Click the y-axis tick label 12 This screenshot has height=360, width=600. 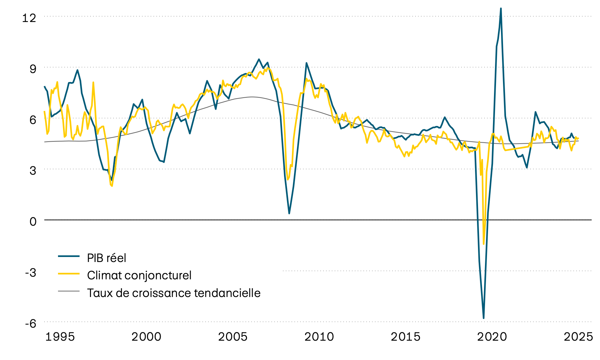pyautogui.click(x=29, y=18)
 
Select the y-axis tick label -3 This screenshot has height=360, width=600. pyautogui.click(x=31, y=272)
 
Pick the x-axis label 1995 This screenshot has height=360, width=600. pyautogui.click(x=60, y=337)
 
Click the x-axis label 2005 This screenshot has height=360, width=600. pyautogui.click(x=233, y=337)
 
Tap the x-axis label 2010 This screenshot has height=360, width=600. pyautogui.click(x=319, y=337)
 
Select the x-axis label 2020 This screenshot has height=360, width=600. pyautogui.click(x=492, y=337)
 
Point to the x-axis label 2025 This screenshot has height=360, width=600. pyautogui.click(x=578, y=337)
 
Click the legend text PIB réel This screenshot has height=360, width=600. pyautogui.click(x=106, y=258)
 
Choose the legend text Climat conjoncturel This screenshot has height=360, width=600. pyautogui.click(x=139, y=275)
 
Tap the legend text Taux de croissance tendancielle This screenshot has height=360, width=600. pyautogui.click(x=174, y=293)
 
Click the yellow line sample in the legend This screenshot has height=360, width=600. pyautogui.click(x=69, y=274)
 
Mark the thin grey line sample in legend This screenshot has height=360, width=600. pyautogui.click(x=69, y=291)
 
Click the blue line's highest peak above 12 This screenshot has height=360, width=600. pyautogui.click(x=501, y=9)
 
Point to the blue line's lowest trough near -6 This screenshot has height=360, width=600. pyautogui.click(x=483, y=318)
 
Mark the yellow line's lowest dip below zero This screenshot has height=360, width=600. pyautogui.click(x=484, y=244)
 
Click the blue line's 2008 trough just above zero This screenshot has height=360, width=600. pyautogui.click(x=289, y=213)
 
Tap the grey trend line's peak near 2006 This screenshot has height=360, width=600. pyautogui.click(x=252, y=97)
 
